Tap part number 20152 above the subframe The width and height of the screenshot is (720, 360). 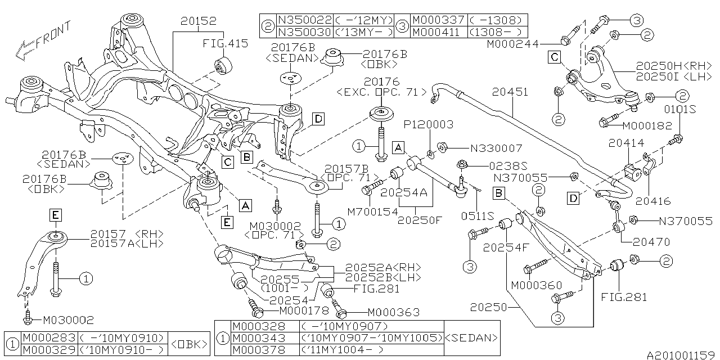tap(198, 22)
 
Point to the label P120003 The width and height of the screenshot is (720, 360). tap(431, 125)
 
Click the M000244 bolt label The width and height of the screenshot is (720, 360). tap(512, 43)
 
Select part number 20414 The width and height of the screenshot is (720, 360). tap(626, 143)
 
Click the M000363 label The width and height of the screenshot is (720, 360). tap(393, 312)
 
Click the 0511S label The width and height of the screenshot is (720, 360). tap(478, 215)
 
